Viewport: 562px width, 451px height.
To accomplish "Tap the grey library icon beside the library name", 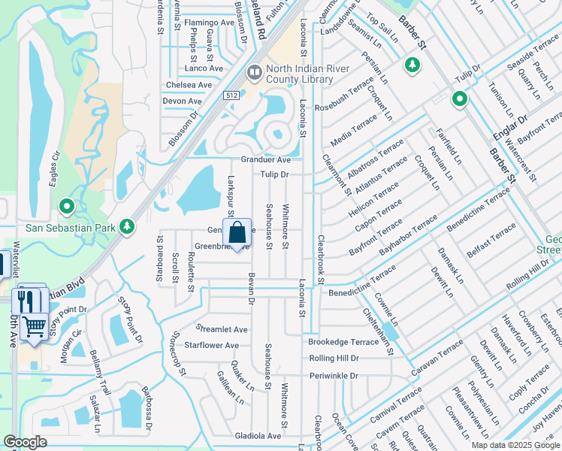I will tap(254, 73).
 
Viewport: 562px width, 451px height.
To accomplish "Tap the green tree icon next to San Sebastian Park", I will tap(128, 225).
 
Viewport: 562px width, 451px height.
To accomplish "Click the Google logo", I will tap(25, 442).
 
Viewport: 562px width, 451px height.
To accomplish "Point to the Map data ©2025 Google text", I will tap(515, 445).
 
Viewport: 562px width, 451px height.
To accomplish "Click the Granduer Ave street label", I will tap(265, 160).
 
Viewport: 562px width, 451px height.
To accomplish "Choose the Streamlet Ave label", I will tap(222, 329).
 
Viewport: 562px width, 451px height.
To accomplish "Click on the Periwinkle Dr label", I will tap(334, 375).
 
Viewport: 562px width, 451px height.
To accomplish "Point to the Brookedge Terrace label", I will tap(343, 341).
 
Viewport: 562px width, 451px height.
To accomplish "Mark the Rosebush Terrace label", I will tap(344, 95).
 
